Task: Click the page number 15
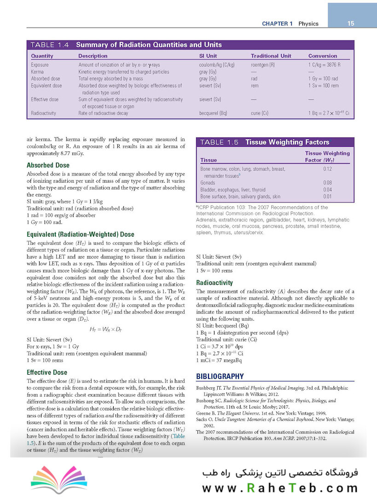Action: click(x=351, y=23)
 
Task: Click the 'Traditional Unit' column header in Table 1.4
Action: click(x=271, y=56)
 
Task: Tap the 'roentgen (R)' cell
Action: click(x=263, y=65)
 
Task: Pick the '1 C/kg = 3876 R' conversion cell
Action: click(x=327, y=65)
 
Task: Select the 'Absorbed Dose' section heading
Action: click(x=48, y=165)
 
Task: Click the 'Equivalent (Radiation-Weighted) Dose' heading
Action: click(x=81, y=234)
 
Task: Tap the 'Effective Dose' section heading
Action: click(x=47, y=372)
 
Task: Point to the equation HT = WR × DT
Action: click(x=105, y=329)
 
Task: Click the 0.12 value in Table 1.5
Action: click(x=327, y=169)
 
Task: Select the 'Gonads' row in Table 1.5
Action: click(x=208, y=183)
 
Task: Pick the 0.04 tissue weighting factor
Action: click(x=327, y=190)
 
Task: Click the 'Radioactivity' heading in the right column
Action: click(x=214, y=283)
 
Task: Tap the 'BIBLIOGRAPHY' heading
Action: click(x=220, y=376)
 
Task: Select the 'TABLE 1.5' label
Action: click(x=219, y=142)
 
